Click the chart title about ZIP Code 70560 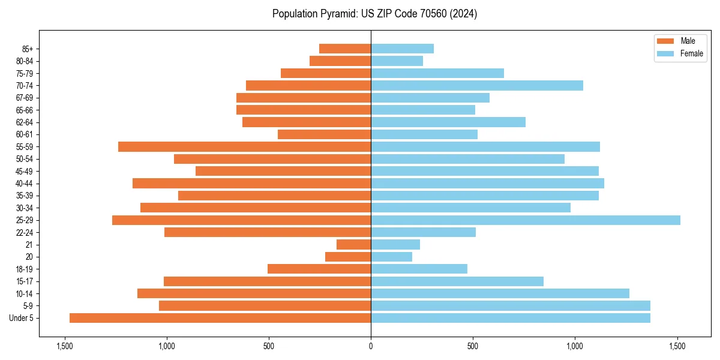[374, 14]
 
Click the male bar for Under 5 [220, 318]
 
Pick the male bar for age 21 [353, 245]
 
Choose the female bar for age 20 [391, 257]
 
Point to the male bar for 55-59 [244, 147]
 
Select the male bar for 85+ [345, 49]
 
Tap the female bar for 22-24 [423, 232]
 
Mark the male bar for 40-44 [251, 184]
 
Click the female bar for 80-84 [397, 61]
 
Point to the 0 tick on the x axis [371, 346]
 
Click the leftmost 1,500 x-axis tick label [64, 346]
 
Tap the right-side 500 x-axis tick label [473, 346]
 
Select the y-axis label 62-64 [25, 122]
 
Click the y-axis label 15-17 [25, 281]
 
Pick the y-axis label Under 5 [22, 318]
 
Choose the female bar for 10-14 [500, 293]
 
